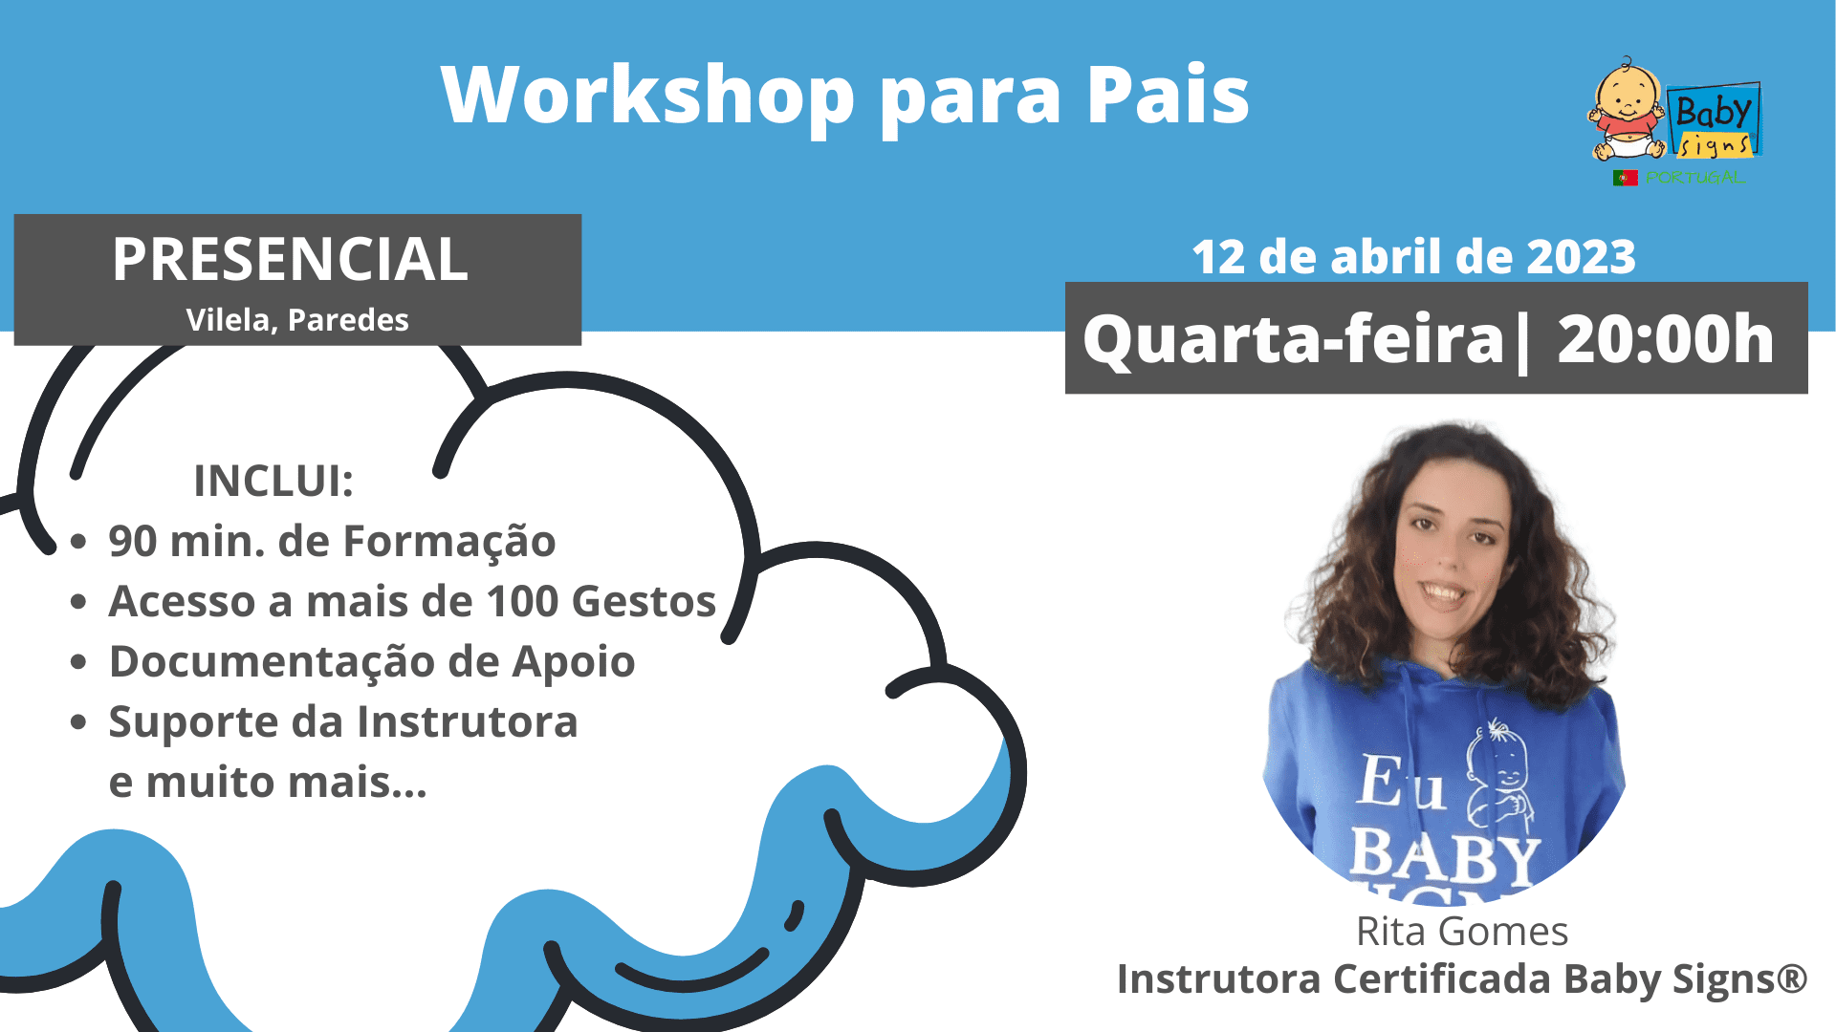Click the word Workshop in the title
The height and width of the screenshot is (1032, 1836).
tap(647, 95)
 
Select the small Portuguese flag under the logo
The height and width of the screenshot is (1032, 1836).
tap(1626, 178)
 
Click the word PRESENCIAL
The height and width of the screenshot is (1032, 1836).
tap(290, 259)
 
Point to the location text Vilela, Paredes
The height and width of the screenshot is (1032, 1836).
tap(297, 320)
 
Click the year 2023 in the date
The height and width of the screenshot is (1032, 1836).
tap(1581, 257)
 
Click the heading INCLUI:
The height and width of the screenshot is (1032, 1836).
tap(273, 481)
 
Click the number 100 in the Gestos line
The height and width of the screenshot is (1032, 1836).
tap(522, 602)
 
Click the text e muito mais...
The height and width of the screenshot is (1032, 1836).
tap(268, 783)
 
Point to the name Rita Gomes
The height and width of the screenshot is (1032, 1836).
tap(1462, 932)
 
